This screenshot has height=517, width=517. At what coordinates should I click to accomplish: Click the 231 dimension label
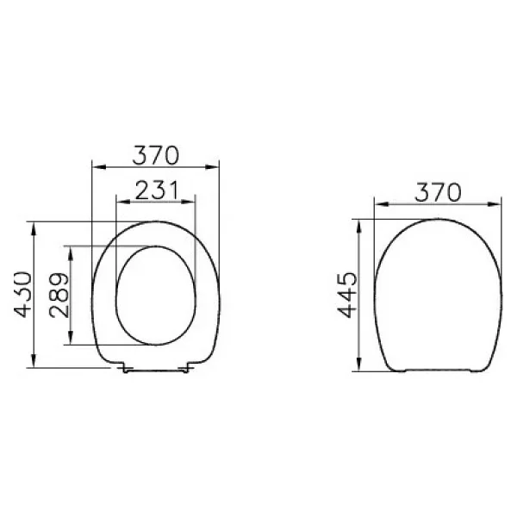(x=157, y=190)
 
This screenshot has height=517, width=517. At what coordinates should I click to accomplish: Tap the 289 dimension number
(x=59, y=295)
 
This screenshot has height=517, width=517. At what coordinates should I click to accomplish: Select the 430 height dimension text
(x=22, y=295)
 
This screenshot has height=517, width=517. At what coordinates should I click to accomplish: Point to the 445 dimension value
(x=347, y=295)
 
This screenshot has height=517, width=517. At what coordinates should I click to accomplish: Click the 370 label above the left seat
(x=156, y=155)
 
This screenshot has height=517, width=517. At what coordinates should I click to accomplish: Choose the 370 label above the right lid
(x=438, y=192)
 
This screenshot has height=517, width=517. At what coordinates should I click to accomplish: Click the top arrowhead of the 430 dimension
(x=34, y=228)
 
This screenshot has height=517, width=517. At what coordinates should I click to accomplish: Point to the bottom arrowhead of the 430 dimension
(x=34, y=361)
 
